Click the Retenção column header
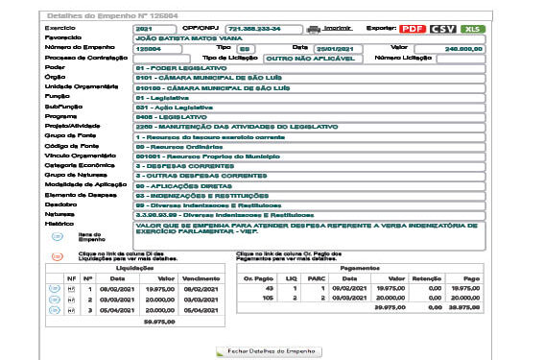pyautogui.click(x=424, y=278)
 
